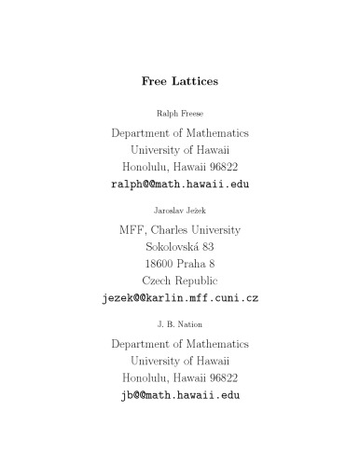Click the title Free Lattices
pyautogui.click(x=180, y=81)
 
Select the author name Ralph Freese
pyautogui.click(x=180, y=114)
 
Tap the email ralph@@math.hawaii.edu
pyautogui.click(x=180, y=184)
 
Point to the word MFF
pyautogui.click(x=133, y=230)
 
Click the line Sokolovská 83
pyautogui.click(x=180, y=247)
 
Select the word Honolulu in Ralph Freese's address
pyautogui.click(x=147, y=166)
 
